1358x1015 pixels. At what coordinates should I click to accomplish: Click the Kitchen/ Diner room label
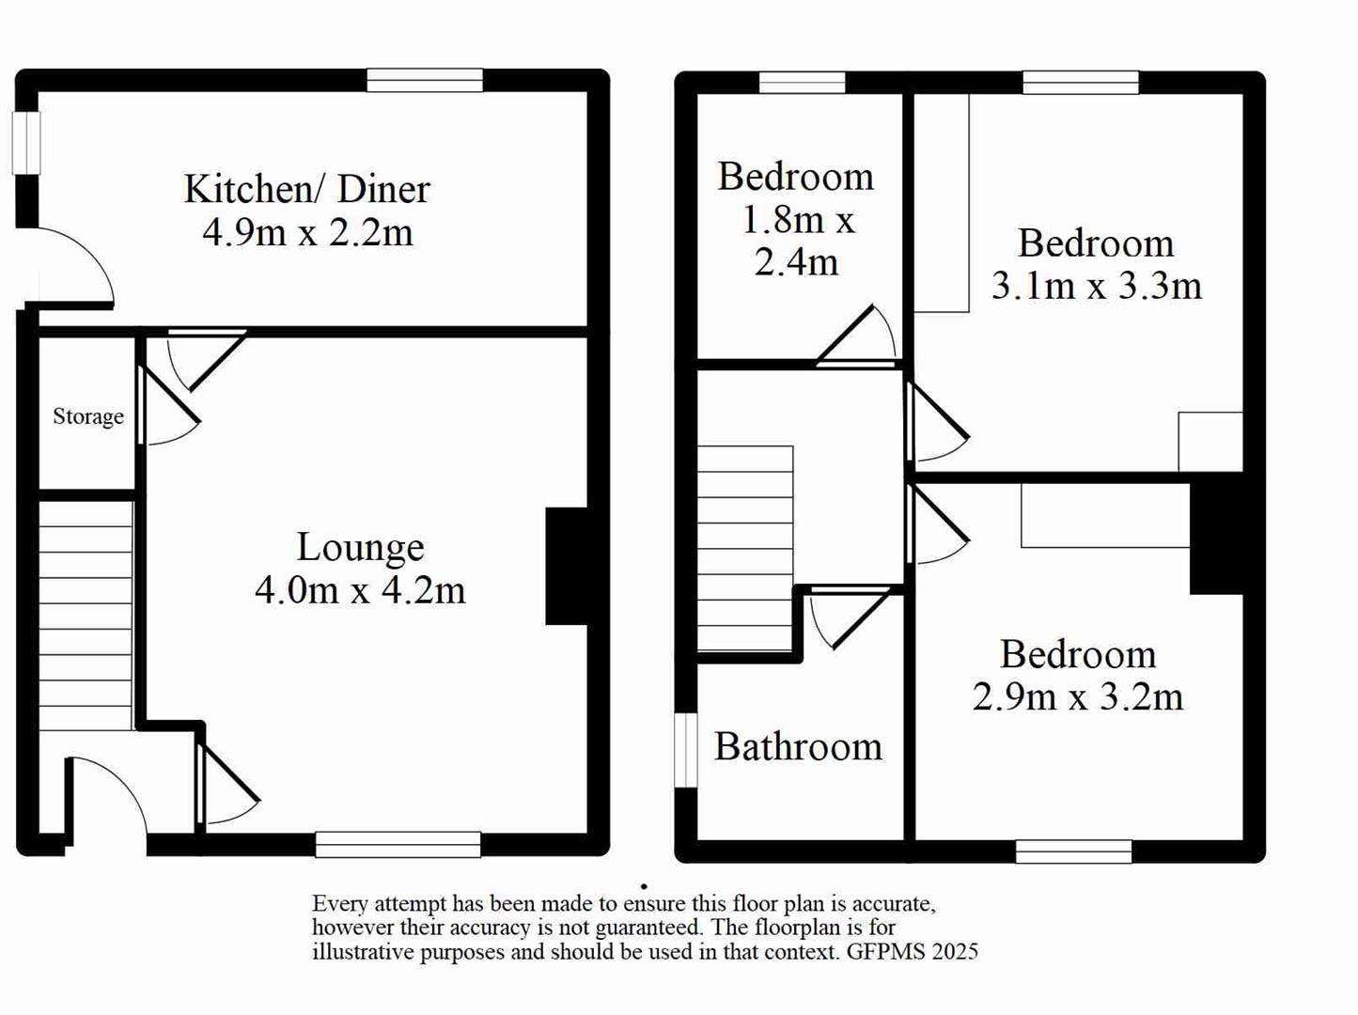coord(306,189)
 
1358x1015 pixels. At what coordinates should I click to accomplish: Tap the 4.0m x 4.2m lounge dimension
coord(360,590)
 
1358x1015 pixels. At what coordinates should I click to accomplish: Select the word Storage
coord(87,416)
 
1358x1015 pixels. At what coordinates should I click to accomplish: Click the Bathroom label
coord(798,747)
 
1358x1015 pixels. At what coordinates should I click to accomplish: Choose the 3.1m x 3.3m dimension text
coord(1096,286)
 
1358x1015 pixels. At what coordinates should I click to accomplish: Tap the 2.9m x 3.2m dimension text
coord(1077,697)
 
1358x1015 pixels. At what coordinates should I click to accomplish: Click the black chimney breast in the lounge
coord(566,566)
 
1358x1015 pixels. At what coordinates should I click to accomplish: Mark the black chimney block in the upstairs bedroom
coord(1215,538)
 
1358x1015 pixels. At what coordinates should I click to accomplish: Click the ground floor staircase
coord(86,616)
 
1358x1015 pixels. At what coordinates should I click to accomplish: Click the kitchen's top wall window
coord(425,81)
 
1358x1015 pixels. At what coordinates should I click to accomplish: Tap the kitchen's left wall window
coord(26,143)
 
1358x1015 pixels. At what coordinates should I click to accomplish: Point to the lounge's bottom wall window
coord(398,844)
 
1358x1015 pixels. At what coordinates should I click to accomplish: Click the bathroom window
coord(687,750)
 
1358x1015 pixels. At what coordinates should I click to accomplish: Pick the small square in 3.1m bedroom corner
coord(1210,441)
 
